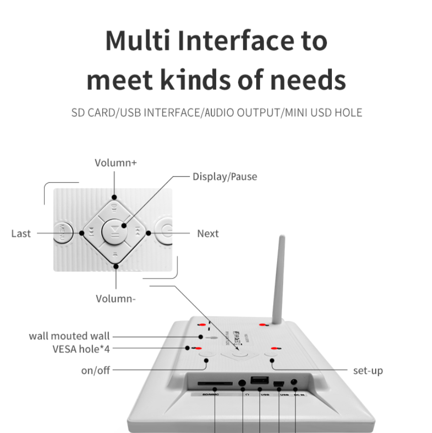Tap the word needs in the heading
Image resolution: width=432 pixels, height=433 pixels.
click(x=304, y=80)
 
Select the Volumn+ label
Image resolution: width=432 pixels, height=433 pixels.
click(x=116, y=162)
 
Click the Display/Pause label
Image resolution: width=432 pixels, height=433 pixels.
click(x=225, y=176)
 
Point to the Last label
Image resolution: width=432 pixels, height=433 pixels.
click(x=21, y=233)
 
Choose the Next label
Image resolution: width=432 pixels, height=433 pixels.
click(x=208, y=233)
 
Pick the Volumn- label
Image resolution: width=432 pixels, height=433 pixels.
click(x=116, y=298)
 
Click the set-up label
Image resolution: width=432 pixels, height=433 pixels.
click(x=368, y=371)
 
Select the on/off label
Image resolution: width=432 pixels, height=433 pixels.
click(x=95, y=370)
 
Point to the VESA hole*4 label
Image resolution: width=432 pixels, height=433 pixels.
click(x=81, y=349)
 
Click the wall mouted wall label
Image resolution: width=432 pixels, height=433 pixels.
click(x=69, y=336)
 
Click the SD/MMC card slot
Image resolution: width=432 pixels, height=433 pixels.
click(x=215, y=384)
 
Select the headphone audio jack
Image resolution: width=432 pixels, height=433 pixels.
click(x=243, y=384)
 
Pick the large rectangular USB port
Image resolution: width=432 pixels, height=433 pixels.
click(x=260, y=381)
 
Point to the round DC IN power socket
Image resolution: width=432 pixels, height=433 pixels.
click(x=295, y=383)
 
